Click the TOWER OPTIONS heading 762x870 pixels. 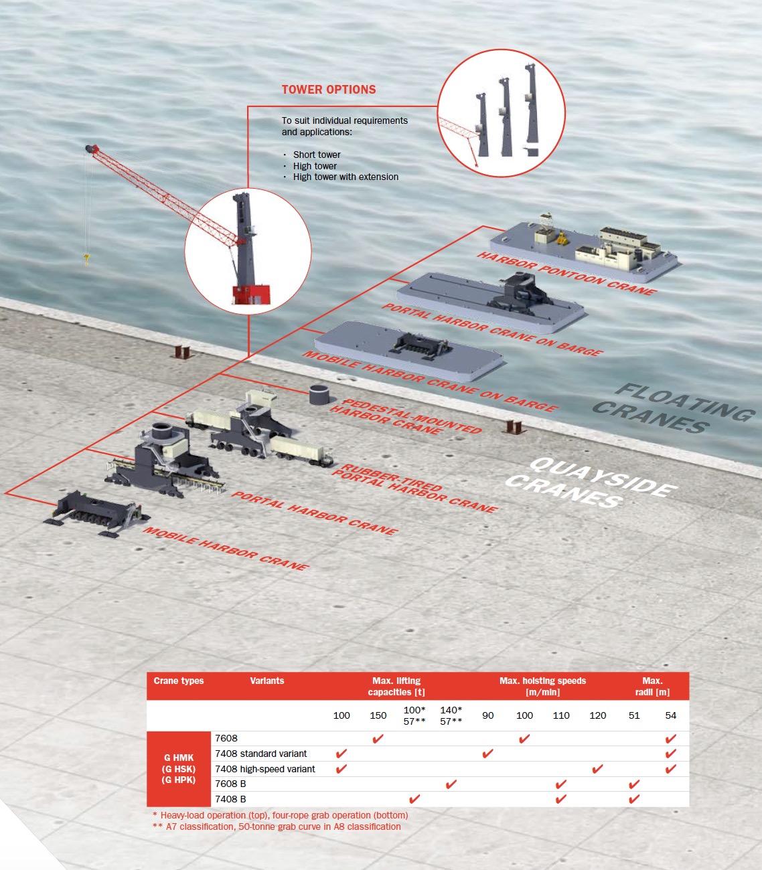[329, 89]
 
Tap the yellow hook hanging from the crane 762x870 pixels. [87, 259]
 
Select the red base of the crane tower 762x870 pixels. [251, 294]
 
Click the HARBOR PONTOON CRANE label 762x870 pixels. [566, 274]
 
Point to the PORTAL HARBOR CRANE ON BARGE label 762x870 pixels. [492, 329]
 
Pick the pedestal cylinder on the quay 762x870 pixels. [319, 395]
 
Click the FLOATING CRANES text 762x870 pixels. [674, 409]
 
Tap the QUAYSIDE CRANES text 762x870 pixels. [591, 483]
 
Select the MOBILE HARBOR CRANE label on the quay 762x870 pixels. [226, 548]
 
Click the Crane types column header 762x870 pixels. [179, 681]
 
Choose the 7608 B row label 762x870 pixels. [230, 784]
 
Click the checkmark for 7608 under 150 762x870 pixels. [378, 739]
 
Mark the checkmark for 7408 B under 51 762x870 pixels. [634, 799]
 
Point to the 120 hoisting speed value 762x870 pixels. [598, 715]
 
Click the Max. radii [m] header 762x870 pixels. [652, 687]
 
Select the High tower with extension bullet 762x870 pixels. [346, 177]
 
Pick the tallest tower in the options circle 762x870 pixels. [532, 110]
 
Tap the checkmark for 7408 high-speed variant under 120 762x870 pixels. [597, 769]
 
